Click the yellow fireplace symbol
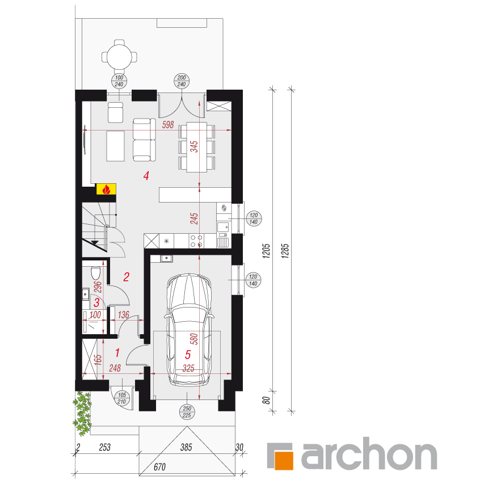[x=106, y=189]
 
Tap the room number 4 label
[x=146, y=176]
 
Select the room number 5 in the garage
[x=188, y=355]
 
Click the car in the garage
[x=189, y=329]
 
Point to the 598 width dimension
[x=168, y=125]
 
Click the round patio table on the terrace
[x=120, y=57]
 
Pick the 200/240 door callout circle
[x=182, y=81]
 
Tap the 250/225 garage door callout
[x=187, y=412]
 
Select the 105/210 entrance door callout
[x=122, y=398]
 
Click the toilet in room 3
[x=96, y=273]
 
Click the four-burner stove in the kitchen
[x=196, y=241]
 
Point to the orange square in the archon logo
[x=284, y=460]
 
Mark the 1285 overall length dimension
[x=285, y=251]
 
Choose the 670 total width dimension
[x=159, y=467]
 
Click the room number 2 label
[x=126, y=277]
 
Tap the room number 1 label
[x=117, y=352]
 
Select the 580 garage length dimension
[x=194, y=339]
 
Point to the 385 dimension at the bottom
[x=186, y=447]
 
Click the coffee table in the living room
[x=115, y=146]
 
